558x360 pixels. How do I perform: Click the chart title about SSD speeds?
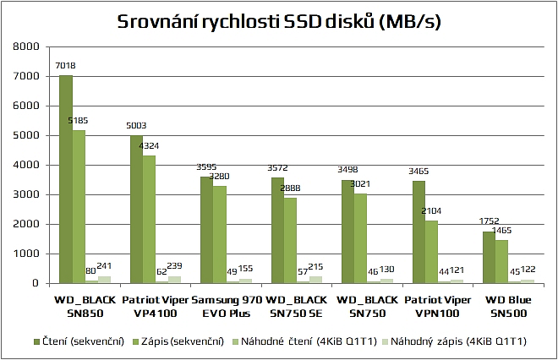(279, 21)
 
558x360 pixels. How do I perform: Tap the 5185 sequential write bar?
(79, 206)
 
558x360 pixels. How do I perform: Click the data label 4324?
(148, 147)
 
